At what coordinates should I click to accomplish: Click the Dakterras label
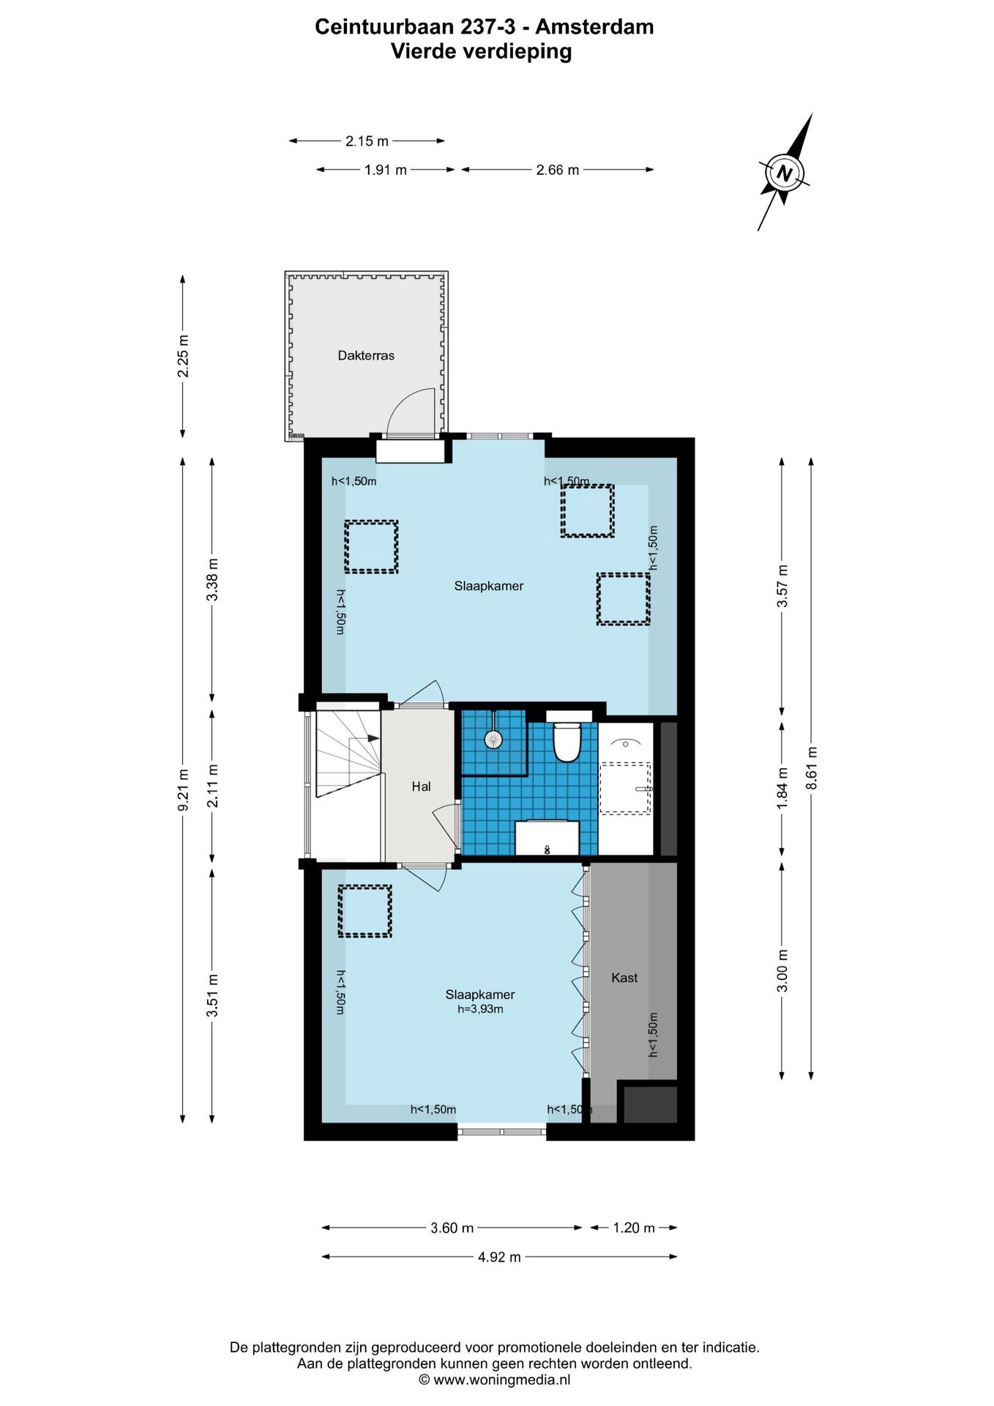pos(366,355)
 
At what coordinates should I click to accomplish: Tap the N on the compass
pos(784,174)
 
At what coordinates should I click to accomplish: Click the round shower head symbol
pos(493,739)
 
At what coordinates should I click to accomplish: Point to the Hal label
pos(421,786)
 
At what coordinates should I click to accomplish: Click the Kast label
pos(624,978)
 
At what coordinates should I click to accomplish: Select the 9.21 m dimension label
pos(184,789)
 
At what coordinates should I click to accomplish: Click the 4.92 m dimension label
pos(499,1257)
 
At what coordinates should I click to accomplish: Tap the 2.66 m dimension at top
pos(557,170)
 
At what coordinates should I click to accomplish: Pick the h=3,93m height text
pos(480,1009)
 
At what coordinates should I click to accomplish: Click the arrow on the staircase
pos(373,738)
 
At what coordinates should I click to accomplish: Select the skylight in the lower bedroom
pos(365,911)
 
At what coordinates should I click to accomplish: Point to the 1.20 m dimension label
pos(633,1228)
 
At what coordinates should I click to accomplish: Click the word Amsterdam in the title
pos(594,27)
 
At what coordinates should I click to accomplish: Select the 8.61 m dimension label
pos(811,767)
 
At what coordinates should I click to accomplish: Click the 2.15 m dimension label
pos(367,141)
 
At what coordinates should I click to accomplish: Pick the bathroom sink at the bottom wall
pos(547,838)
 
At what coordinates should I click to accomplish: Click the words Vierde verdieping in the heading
pos(481,51)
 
